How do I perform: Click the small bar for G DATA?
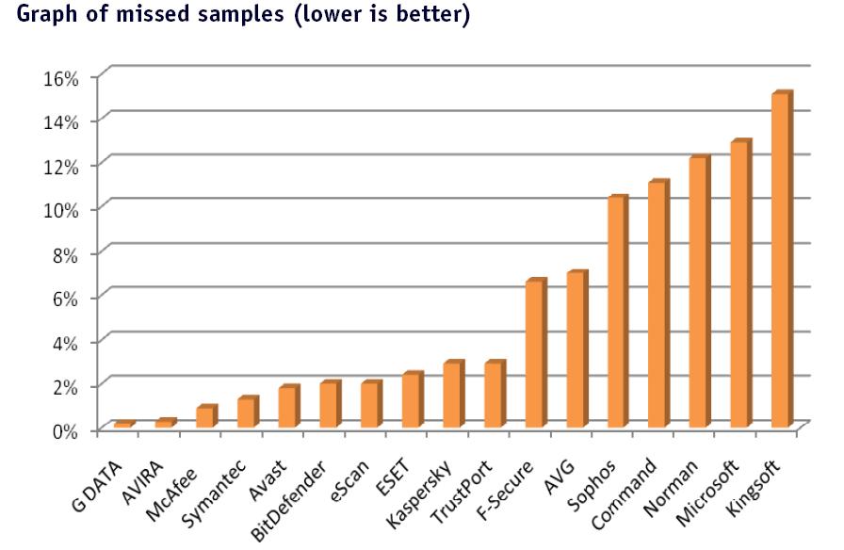(122, 425)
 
